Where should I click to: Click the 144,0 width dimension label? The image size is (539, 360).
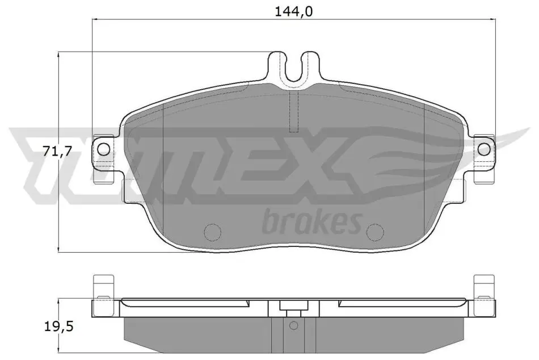coord(293,12)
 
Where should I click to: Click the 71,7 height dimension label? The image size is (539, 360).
coord(57,150)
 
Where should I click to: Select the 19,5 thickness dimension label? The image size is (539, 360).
coord(59,326)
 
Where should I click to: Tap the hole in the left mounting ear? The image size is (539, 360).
coord(104,149)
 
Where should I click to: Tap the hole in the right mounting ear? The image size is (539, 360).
coord(484,149)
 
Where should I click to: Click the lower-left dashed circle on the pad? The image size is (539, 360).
coord(213,232)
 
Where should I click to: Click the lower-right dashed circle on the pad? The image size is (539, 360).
coord(375,232)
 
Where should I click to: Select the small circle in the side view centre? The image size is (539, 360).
coord(293,325)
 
